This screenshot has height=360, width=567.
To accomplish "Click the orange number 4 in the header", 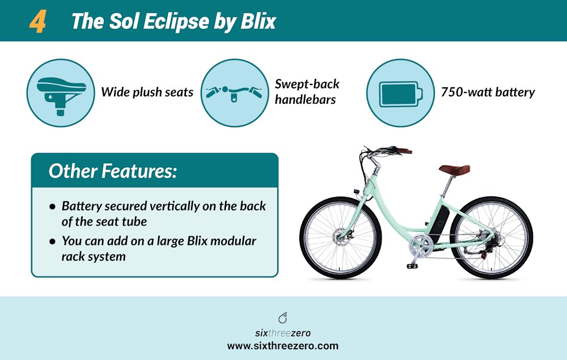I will pyautogui.click(x=37, y=22).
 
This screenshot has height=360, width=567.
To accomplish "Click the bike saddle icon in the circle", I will pyautogui.click(x=61, y=92).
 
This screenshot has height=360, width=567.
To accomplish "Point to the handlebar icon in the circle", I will pyautogui.click(x=234, y=93).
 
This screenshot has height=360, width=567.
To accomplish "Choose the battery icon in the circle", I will pyautogui.click(x=400, y=93).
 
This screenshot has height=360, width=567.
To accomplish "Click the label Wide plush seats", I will pyautogui.click(x=147, y=92).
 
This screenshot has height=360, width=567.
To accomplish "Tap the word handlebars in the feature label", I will pyautogui.click(x=306, y=100).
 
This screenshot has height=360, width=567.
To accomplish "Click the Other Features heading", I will pyautogui.click(x=112, y=171).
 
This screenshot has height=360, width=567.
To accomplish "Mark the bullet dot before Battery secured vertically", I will pyautogui.click(x=53, y=206).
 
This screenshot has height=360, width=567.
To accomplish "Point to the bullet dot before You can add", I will pyautogui.click(x=53, y=242).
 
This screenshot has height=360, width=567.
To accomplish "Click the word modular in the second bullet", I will pyautogui.click(x=231, y=242).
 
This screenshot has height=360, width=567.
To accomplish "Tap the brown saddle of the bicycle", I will pyautogui.click(x=454, y=169).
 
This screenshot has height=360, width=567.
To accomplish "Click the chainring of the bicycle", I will pyautogui.click(x=420, y=245).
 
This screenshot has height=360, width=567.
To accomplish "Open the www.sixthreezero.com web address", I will pyautogui.click(x=283, y=345).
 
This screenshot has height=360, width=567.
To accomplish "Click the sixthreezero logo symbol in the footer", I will pyautogui.click(x=283, y=318).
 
